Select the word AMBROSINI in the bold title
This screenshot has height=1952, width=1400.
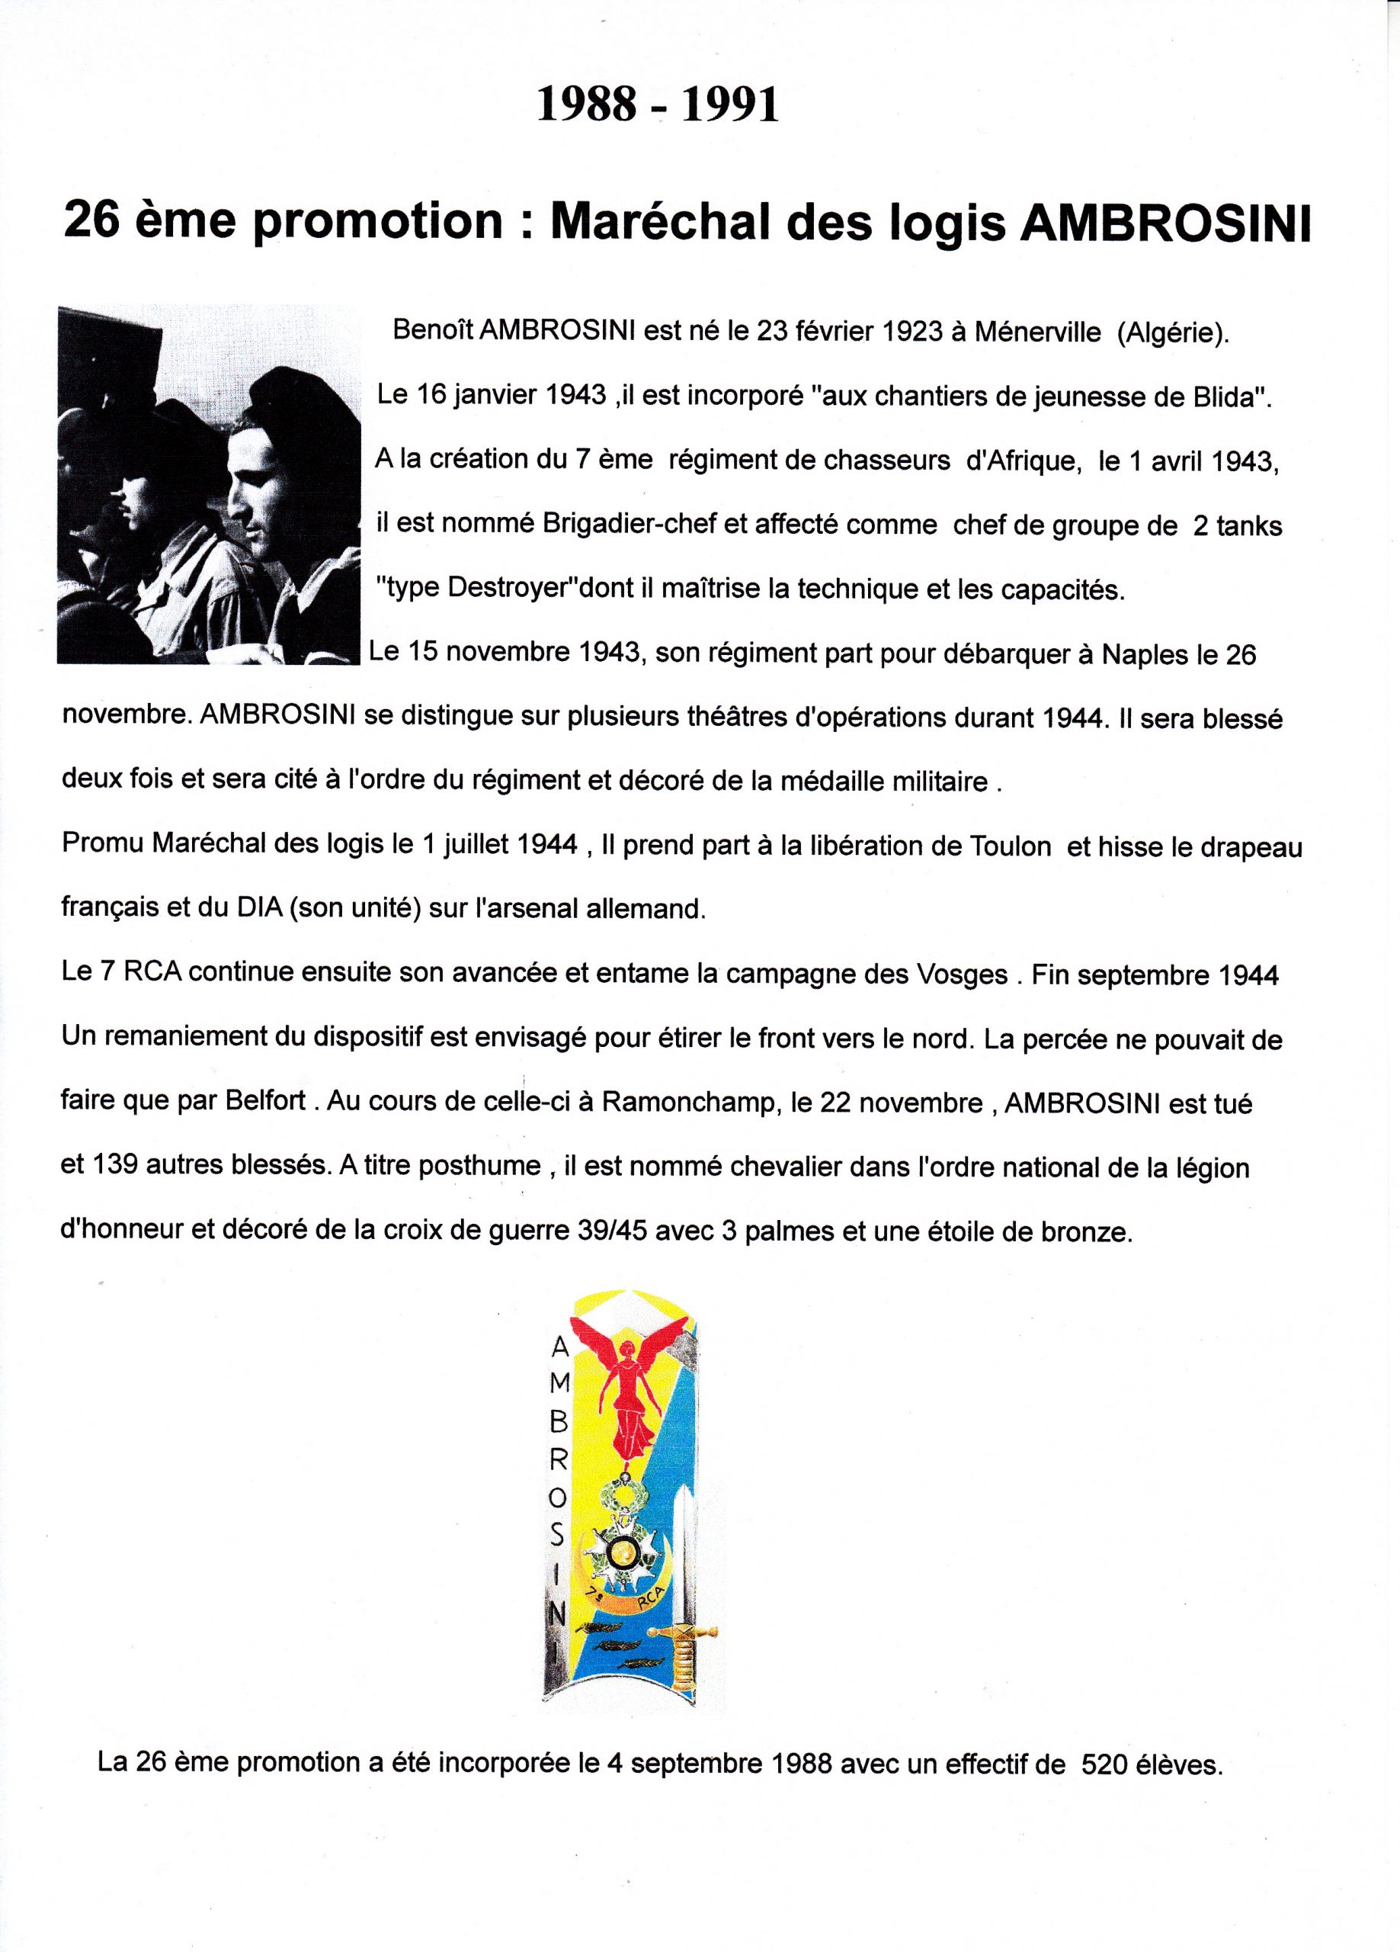pos(1165,223)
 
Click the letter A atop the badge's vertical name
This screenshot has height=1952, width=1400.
pos(559,1350)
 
